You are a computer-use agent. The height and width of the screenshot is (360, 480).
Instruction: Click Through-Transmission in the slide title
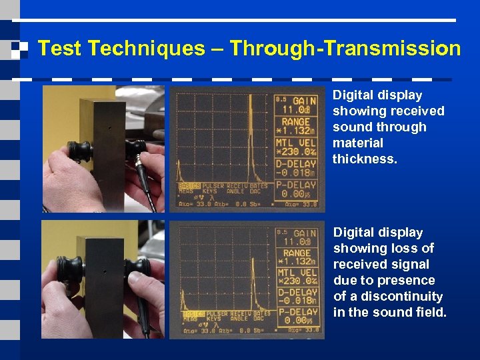(345, 49)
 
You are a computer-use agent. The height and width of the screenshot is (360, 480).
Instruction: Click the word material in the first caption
(358, 143)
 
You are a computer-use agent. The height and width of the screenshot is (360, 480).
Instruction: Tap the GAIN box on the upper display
(297, 104)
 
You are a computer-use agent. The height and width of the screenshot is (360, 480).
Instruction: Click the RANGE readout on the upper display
(297, 127)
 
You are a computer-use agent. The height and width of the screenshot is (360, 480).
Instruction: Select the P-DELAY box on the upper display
(297, 189)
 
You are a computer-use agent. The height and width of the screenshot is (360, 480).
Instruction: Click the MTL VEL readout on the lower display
(297, 277)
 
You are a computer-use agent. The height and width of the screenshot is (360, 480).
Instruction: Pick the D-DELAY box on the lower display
(297, 297)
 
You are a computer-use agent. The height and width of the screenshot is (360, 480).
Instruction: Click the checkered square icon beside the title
(19, 49)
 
